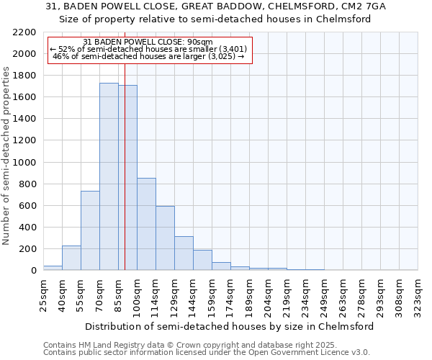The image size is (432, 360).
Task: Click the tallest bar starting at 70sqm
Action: tap(109, 176)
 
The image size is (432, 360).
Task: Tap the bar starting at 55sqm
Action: tap(90, 230)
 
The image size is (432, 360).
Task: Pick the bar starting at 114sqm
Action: tap(165, 238)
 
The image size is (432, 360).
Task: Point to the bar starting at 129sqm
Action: tap(184, 253)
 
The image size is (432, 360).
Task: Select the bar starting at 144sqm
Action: tap(202, 260)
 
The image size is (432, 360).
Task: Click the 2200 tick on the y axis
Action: tap(24, 32)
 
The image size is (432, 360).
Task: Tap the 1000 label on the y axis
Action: tap(24, 163)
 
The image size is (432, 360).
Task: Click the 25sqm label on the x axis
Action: tap(43, 293)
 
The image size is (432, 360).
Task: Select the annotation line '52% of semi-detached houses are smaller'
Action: tap(150, 49)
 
